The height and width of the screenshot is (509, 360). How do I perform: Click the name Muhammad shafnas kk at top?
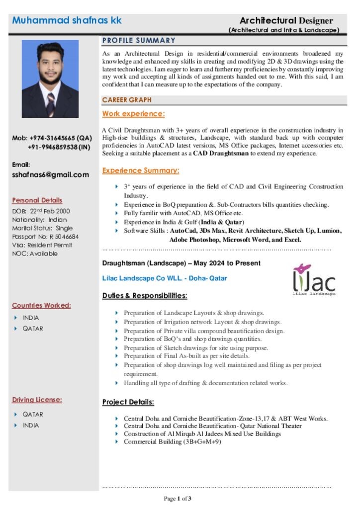pyautogui.click(x=67, y=20)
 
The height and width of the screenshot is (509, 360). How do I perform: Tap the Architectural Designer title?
pyautogui.click(x=286, y=20)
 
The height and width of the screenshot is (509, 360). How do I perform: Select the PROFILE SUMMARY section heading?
pyautogui.click(x=139, y=40)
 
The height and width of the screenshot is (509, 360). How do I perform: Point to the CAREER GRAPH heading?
pyautogui.click(x=127, y=100)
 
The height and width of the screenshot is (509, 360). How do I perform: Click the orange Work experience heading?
pyautogui.click(x=133, y=114)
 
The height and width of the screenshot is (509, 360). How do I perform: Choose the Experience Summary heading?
pyautogui.click(x=141, y=170)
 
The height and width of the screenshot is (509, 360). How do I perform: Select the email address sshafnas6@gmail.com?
pyautogui.click(x=50, y=174)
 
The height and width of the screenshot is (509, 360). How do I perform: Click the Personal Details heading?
pyautogui.click(x=37, y=200)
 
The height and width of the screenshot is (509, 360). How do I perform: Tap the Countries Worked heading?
pyautogui.click(x=41, y=305)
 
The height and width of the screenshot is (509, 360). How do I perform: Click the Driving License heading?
pyautogui.click(x=37, y=400)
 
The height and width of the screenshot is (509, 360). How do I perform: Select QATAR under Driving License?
pyautogui.click(x=33, y=414)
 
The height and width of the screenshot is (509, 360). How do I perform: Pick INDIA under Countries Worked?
pyautogui.click(x=31, y=318)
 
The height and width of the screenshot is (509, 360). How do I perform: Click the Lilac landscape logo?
pyautogui.click(x=313, y=280)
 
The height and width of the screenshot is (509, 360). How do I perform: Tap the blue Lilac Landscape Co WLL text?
pyautogui.click(x=164, y=278)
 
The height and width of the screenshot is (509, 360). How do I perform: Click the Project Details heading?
pyautogui.click(x=128, y=402)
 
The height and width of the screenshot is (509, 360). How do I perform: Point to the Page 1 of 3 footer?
pyautogui.click(x=178, y=498)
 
